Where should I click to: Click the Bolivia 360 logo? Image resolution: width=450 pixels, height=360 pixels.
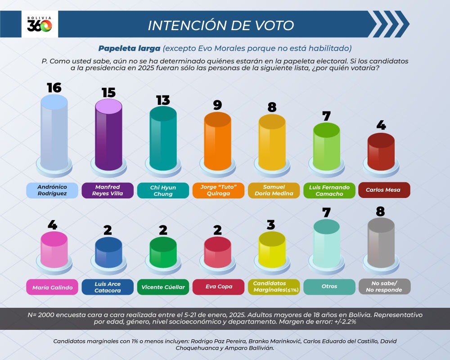point(40,25)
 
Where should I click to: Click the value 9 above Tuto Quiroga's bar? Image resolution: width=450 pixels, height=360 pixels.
point(217,105)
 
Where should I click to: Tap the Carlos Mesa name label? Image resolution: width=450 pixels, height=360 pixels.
point(381,190)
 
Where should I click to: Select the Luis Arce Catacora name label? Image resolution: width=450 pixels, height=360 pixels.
point(108,287)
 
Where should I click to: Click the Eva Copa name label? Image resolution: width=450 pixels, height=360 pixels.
point(217,287)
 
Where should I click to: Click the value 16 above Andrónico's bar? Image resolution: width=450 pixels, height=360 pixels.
point(54,87)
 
